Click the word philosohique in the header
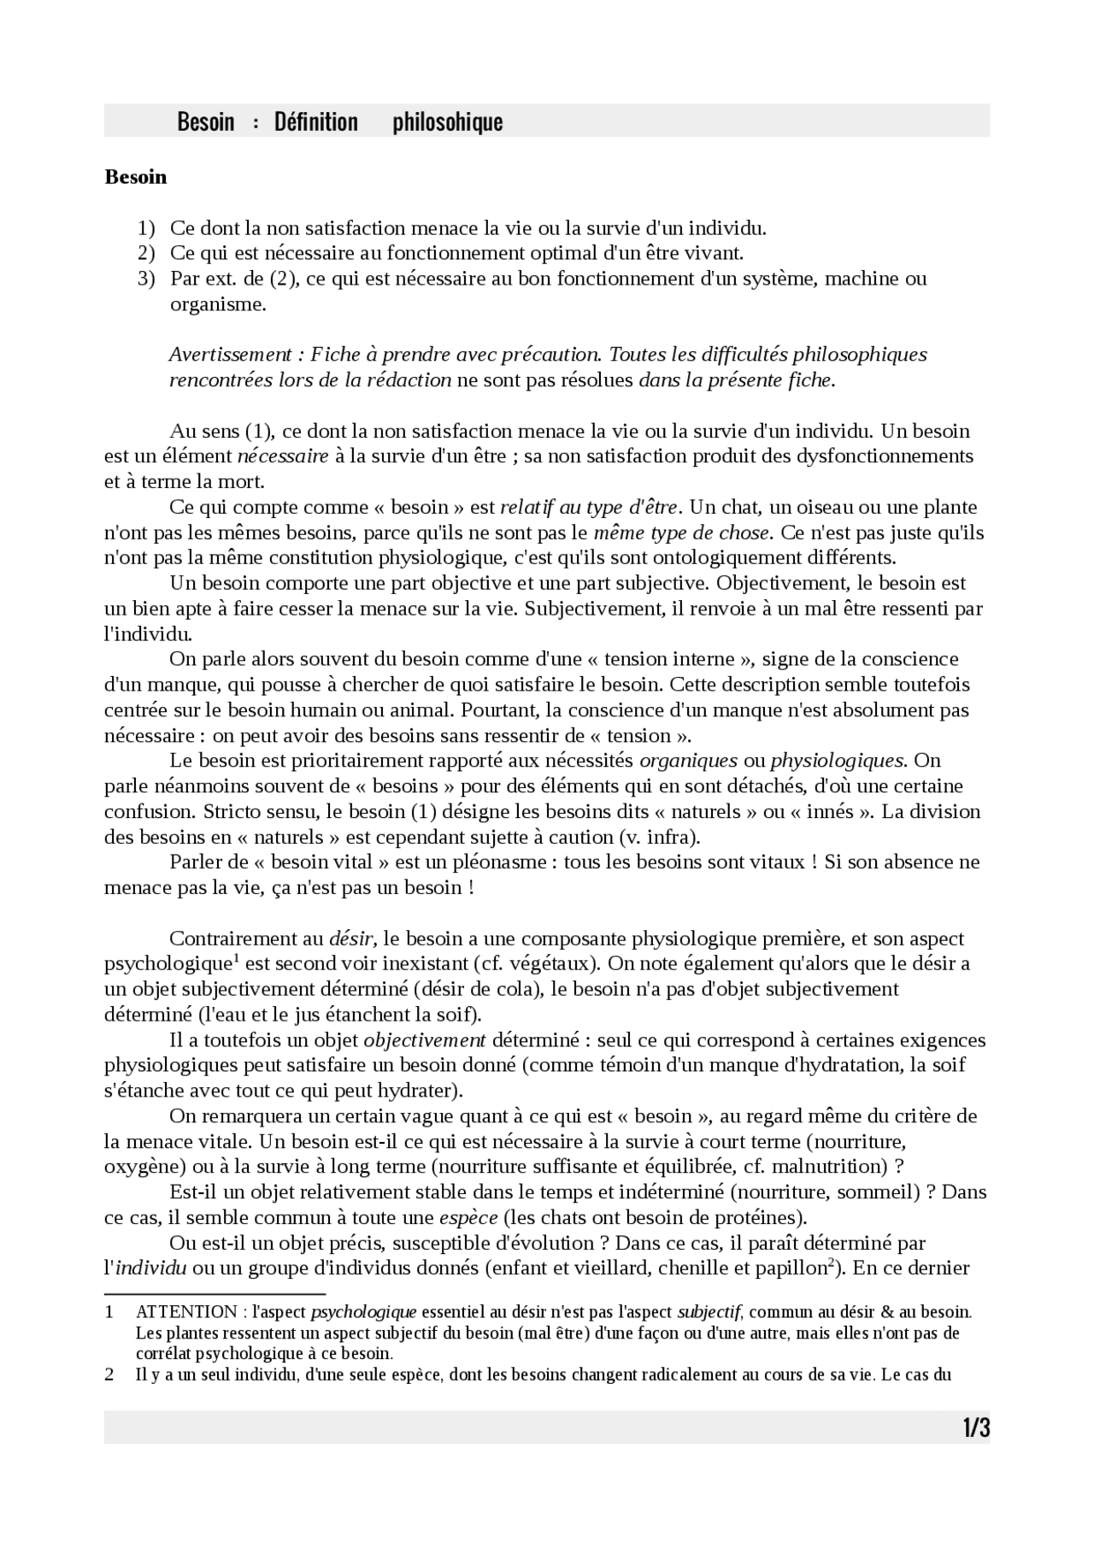[x=447, y=122]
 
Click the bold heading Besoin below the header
[x=135, y=178]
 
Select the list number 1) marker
[x=146, y=228]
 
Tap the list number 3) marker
[x=146, y=279]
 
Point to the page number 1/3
[x=975, y=1428]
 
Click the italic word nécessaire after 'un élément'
[x=282, y=456]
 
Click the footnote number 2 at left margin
[x=109, y=1375]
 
